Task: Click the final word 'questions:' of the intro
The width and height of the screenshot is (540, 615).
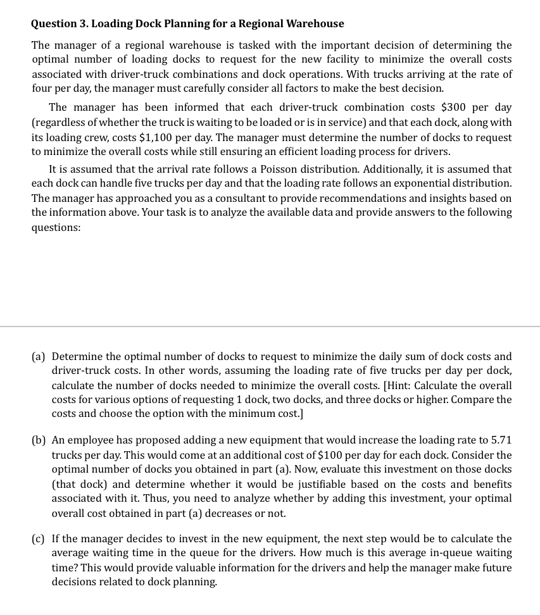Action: (x=56, y=227)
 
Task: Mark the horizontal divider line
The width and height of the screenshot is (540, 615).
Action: (x=270, y=326)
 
